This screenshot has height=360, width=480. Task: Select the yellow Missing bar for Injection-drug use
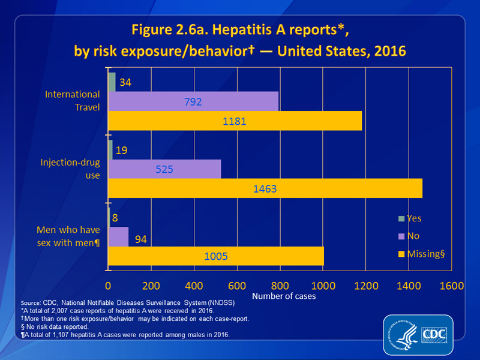[265, 188]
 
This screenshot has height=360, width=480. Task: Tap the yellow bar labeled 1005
[216, 256]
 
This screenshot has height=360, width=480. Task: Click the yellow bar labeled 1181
[235, 121]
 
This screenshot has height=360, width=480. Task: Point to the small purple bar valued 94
[118, 236]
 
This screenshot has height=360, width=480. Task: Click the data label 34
[126, 82]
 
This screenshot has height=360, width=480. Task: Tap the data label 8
[115, 219]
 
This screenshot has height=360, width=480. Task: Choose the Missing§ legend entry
[428, 253]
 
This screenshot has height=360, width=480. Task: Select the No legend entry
[413, 236]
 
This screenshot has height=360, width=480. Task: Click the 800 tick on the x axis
[280, 286]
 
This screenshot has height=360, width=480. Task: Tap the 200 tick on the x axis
[151, 286]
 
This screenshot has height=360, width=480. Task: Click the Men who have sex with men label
[68, 236]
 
